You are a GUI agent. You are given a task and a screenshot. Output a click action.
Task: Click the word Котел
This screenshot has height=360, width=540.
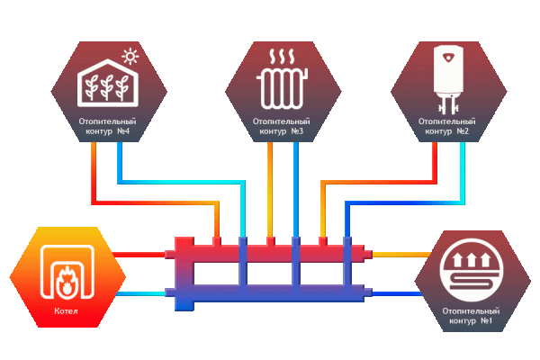[65, 312]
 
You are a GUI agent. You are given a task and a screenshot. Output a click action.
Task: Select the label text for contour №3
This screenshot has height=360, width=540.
[283, 125]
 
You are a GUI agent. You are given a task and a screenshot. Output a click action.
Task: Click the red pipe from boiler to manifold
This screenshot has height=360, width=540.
[144, 255]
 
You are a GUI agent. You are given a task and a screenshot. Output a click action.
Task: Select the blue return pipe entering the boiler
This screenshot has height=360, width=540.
[144, 292]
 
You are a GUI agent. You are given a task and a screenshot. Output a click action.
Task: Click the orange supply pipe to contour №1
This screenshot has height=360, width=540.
[400, 255]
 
